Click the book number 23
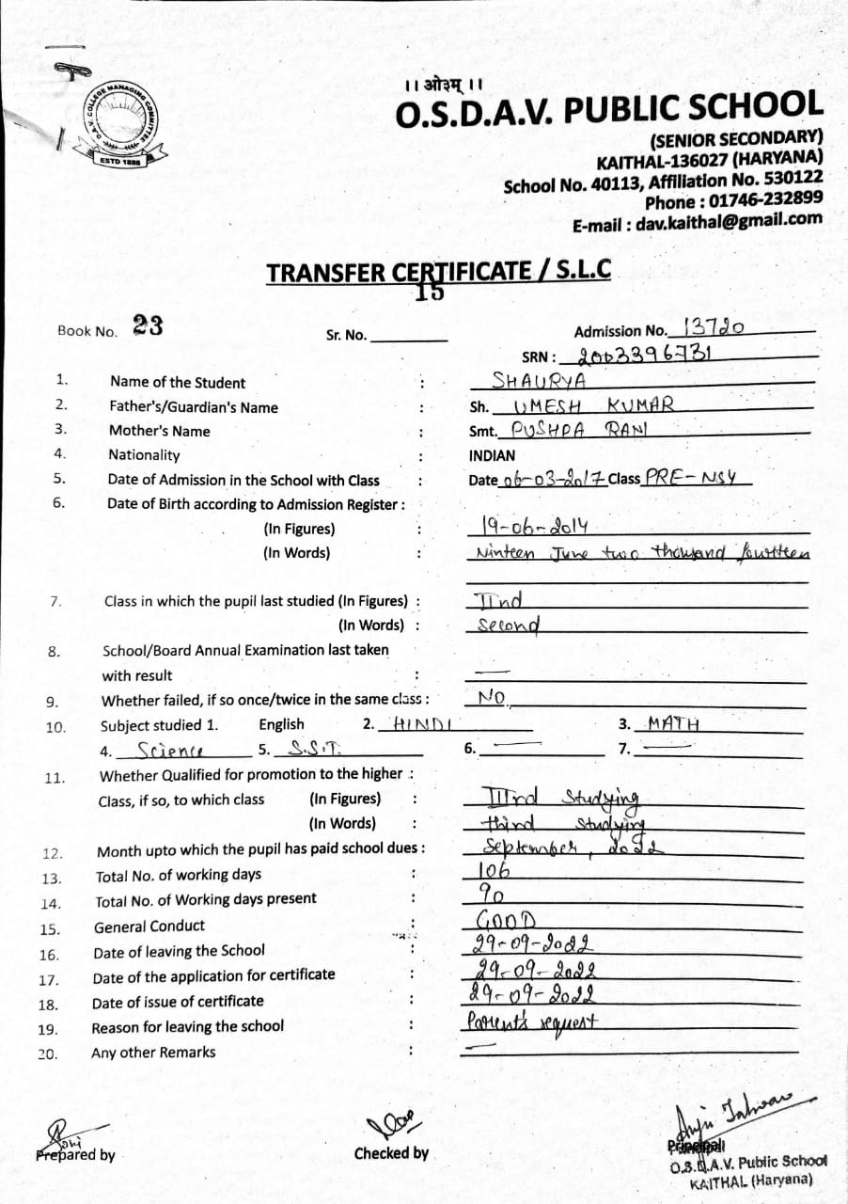coord(148,326)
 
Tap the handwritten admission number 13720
coord(715,327)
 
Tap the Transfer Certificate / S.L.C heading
coord(438,272)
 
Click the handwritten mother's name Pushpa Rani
coord(574,429)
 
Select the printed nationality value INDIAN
coord(492,455)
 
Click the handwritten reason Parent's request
coord(533,1020)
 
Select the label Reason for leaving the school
coord(187,1026)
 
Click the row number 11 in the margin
coord(54,777)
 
